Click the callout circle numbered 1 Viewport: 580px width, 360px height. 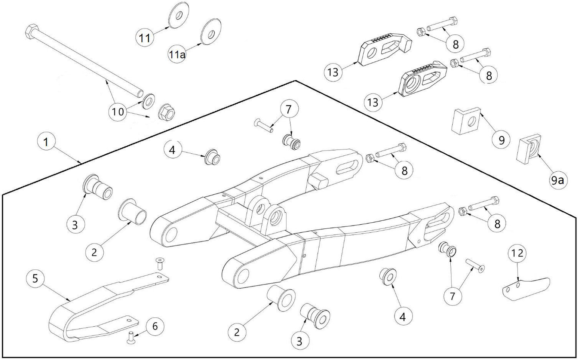(46, 142)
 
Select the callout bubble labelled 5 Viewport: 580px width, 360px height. (35, 278)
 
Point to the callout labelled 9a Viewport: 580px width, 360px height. (556, 181)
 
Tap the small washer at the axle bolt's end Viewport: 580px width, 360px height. (149, 101)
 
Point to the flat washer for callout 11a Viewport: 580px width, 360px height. (211, 31)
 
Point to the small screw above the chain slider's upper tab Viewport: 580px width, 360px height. (161, 264)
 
